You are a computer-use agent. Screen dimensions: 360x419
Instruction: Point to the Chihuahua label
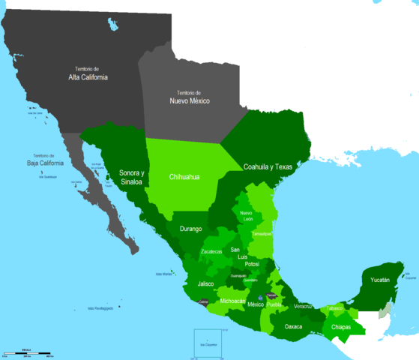184,178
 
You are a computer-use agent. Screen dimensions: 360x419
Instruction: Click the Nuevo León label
247,216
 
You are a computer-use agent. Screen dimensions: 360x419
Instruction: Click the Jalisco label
206,284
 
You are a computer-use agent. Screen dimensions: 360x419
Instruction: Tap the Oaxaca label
294,326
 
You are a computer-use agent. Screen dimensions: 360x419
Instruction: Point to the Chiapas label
340,326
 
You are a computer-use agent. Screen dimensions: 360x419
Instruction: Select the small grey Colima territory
202,303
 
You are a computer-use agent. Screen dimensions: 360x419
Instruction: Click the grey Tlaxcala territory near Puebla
271,297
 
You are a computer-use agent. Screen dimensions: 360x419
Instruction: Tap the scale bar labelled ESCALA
27,352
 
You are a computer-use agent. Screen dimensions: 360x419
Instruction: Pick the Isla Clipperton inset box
208,343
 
